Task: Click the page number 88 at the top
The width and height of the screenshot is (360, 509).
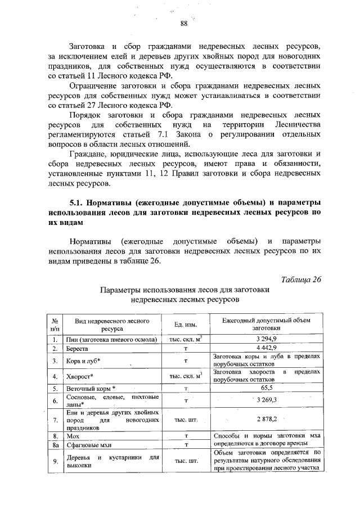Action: point(183,23)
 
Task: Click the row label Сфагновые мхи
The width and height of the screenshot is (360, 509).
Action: point(85,444)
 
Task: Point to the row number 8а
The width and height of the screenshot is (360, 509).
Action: point(55,444)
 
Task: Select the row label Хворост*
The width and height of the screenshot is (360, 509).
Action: point(79,376)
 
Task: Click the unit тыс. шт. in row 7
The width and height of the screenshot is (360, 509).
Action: point(186,420)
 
